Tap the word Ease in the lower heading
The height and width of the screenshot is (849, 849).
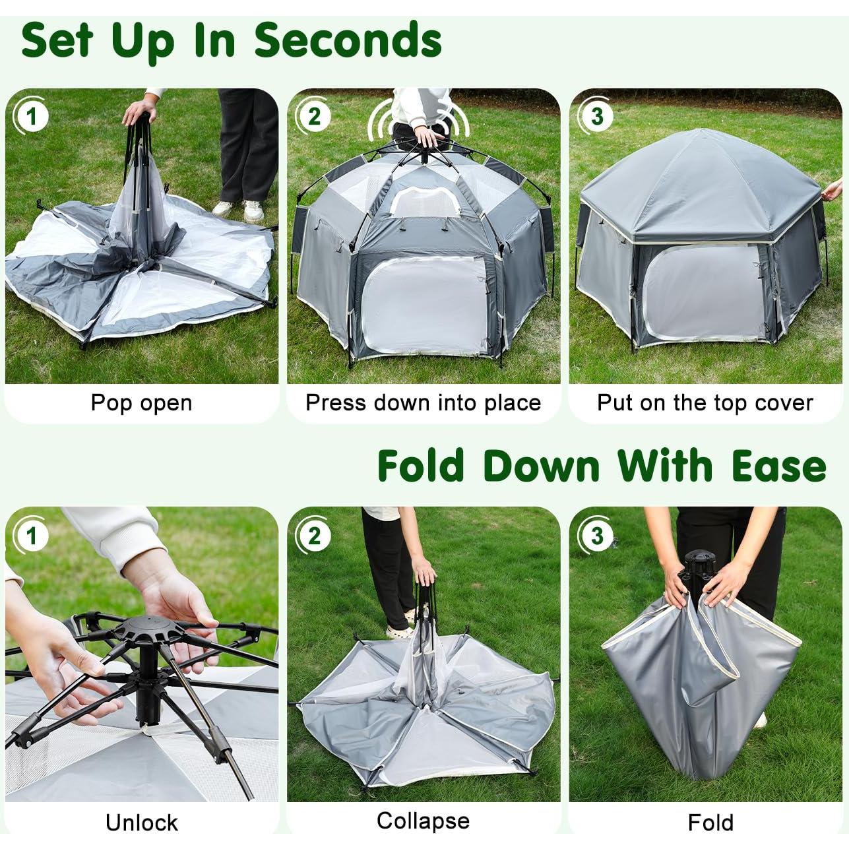tap(778, 466)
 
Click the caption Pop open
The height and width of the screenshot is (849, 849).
tap(141, 402)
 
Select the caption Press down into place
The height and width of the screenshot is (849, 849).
tap(423, 402)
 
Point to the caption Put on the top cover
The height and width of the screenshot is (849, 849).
tap(705, 402)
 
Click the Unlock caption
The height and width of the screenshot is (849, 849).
tap(141, 822)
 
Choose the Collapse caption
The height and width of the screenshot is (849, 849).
tap(423, 820)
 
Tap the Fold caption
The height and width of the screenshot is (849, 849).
tap(710, 822)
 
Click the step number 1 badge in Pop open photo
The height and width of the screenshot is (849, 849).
tap(31, 117)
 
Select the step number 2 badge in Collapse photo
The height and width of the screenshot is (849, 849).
tap(313, 536)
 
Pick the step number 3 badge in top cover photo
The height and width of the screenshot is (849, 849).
tap(596, 117)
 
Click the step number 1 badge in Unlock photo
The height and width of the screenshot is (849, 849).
tap(31, 536)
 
